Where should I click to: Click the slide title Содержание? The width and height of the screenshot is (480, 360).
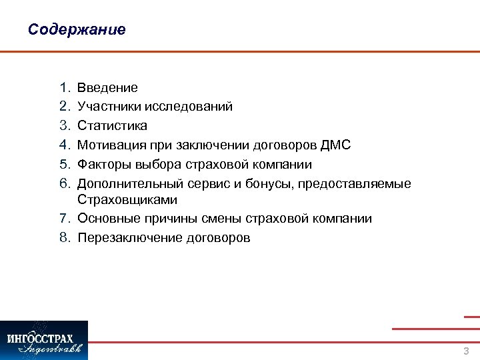pos(77,30)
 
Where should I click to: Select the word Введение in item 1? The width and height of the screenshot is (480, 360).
pos(107,88)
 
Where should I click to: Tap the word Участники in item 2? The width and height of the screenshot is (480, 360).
pos(108,107)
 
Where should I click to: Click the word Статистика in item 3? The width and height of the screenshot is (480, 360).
pos(112,125)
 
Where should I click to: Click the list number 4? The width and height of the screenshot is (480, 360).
pos(65,145)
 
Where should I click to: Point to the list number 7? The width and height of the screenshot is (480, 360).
pos(65,219)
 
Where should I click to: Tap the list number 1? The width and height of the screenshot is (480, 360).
pos(65,88)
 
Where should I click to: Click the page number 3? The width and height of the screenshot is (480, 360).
pos(466,351)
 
